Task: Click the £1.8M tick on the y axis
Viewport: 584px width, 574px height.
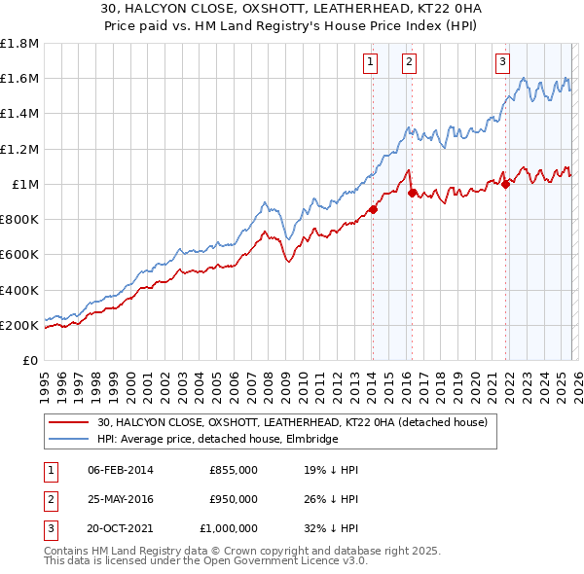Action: pyautogui.click(x=19, y=44)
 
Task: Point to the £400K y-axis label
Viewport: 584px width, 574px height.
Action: pyautogui.click(x=19, y=290)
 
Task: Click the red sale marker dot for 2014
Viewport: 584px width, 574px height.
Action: pyautogui.click(x=373, y=208)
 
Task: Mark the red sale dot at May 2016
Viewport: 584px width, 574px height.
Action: pyautogui.click(x=413, y=193)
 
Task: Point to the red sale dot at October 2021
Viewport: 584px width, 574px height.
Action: pyautogui.click(x=506, y=185)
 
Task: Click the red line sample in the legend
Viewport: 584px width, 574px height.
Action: pyautogui.click(x=70, y=423)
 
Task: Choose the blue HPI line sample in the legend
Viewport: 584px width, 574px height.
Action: pyautogui.click(x=70, y=440)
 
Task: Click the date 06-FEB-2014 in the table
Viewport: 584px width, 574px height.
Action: pyautogui.click(x=121, y=471)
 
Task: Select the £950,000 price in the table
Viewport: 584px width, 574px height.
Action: pyautogui.click(x=234, y=499)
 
